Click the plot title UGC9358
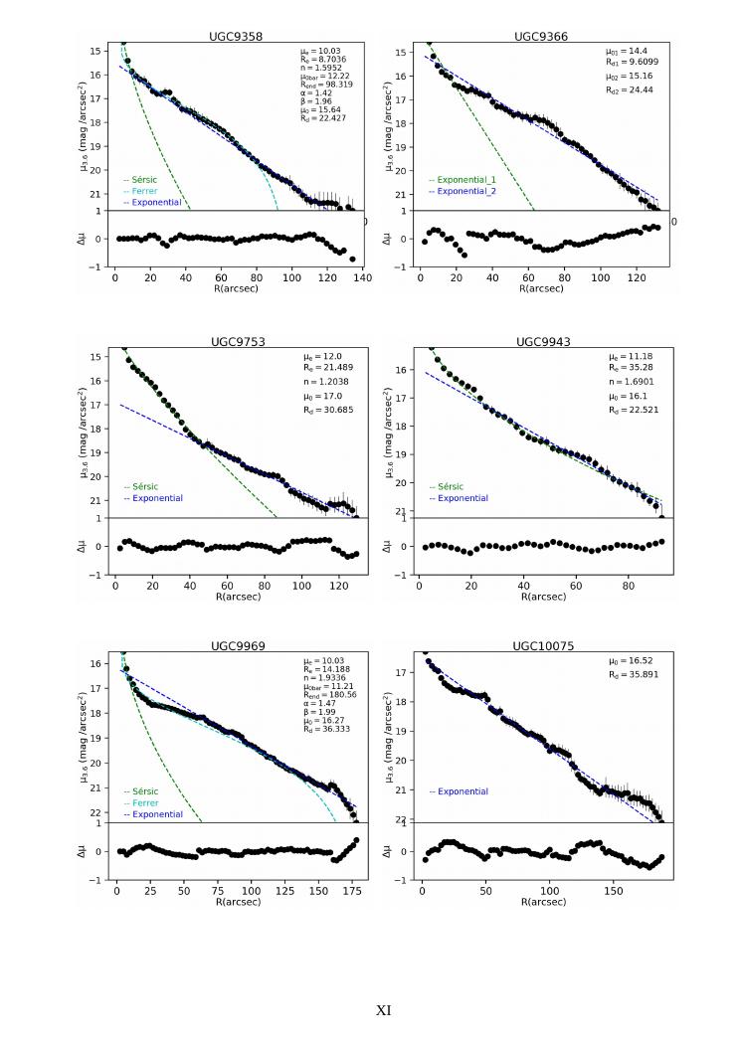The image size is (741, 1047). coord(236,36)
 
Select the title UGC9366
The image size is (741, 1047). coord(541,36)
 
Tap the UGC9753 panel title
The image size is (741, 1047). coord(236,341)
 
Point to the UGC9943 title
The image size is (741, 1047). coord(541,341)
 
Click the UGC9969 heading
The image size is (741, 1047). coord(236,645)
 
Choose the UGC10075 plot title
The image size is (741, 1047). coord(541,645)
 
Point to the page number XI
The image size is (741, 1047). coord(383,1010)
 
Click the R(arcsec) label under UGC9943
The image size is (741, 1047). coord(541,596)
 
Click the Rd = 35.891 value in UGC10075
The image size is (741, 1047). coord(634,672)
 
